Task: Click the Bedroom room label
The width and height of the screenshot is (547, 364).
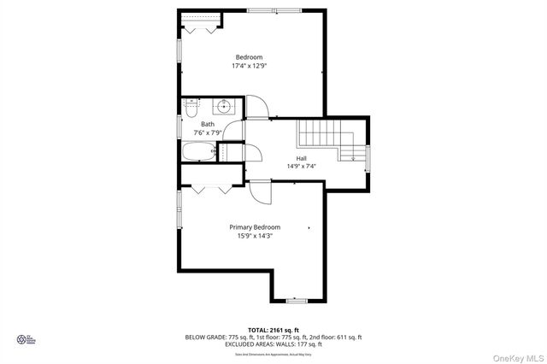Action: [249, 57]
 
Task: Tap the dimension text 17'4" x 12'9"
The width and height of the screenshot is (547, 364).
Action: [249, 67]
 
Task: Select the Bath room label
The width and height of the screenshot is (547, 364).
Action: [208, 124]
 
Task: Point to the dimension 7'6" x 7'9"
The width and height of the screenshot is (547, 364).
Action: [208, 133]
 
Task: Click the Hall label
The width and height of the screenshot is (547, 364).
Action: [302, 158]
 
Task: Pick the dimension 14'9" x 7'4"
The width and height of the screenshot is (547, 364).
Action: [302, 167]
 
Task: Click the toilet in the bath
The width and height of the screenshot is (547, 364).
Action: [193, 109]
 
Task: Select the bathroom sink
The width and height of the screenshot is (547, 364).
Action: [224, 107]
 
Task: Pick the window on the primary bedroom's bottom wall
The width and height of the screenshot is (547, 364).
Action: [296, 301]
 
